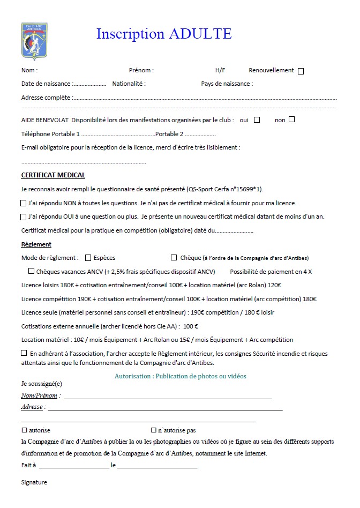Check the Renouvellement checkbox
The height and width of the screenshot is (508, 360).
301,71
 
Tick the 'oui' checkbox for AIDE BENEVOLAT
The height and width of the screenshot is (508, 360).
257,119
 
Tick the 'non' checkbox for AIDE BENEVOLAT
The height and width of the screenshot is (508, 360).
291,119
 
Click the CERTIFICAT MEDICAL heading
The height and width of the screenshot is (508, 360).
53,175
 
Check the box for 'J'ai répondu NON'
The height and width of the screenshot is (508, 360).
24,203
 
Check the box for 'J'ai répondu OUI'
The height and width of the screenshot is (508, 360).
24,217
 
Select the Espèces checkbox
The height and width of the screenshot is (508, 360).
88,258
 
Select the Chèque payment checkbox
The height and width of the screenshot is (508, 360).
174,258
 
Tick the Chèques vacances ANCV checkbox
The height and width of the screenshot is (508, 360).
31,271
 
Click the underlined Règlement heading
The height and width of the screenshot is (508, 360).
36,244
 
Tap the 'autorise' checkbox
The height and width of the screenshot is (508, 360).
24,430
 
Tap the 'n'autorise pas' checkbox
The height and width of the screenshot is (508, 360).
153,430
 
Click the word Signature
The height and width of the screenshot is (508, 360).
34,482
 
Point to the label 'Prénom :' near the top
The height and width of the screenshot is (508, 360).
141,70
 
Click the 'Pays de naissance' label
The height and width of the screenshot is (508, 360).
227,84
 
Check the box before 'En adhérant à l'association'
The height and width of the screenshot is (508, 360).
24,353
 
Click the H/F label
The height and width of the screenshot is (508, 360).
220,70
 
